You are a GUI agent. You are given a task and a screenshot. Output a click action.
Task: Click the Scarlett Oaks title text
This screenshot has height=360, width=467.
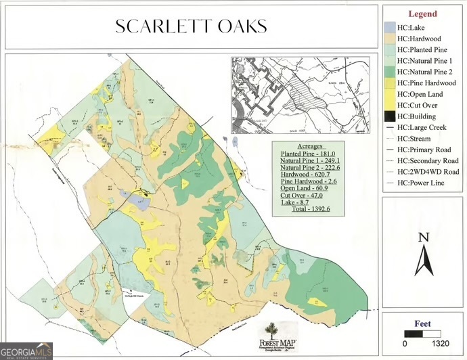click(x=190, y=26)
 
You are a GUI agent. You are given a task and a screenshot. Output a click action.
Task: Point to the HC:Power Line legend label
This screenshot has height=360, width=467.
click(x=420, y=183)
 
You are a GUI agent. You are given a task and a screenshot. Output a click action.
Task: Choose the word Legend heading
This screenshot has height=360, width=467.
click(x=422, y=14)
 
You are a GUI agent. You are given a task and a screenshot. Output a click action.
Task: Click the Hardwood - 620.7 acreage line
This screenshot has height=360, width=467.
click(x=308, y=174)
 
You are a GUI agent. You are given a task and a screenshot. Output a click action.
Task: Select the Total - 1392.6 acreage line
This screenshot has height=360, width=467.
click(x=308, y=210)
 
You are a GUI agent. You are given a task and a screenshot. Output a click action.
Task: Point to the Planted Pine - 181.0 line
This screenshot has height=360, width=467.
click(x=308, y=154)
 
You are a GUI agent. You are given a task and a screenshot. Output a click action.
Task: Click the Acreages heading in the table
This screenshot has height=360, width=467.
click(x=308, y=146)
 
